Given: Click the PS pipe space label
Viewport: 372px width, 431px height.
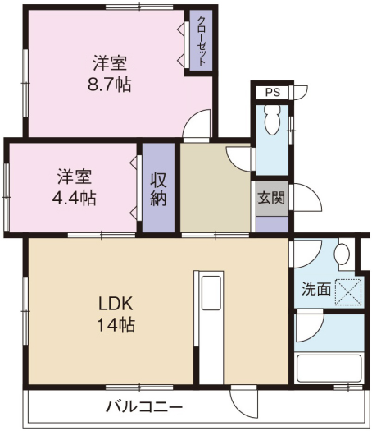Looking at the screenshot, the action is point(273,92).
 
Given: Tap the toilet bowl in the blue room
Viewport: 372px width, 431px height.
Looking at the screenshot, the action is point(272,120).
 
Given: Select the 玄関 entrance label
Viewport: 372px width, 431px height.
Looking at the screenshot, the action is point(271,197).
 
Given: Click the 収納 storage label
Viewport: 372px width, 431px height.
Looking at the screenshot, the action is point(158,189).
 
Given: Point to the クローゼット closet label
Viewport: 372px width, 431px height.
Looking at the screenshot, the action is point(202,41).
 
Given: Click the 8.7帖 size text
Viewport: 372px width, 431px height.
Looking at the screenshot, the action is point(110,84).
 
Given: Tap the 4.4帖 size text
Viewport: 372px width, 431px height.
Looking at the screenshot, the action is point(74,198).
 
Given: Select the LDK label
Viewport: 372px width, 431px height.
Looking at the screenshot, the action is point(116,304).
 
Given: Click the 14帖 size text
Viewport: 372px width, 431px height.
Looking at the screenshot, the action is point(116,324).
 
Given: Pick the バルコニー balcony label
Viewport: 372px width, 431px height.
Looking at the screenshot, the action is point(144,406).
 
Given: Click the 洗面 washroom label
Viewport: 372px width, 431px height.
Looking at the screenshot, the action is point(316,289).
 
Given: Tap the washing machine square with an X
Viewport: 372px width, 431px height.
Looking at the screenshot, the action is point(348,292).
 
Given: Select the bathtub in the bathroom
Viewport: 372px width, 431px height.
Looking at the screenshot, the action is point(329,369).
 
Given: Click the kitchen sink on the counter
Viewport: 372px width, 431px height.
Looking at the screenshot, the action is point(211,293).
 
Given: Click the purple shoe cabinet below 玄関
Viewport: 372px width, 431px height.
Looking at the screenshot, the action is point(272,224).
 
